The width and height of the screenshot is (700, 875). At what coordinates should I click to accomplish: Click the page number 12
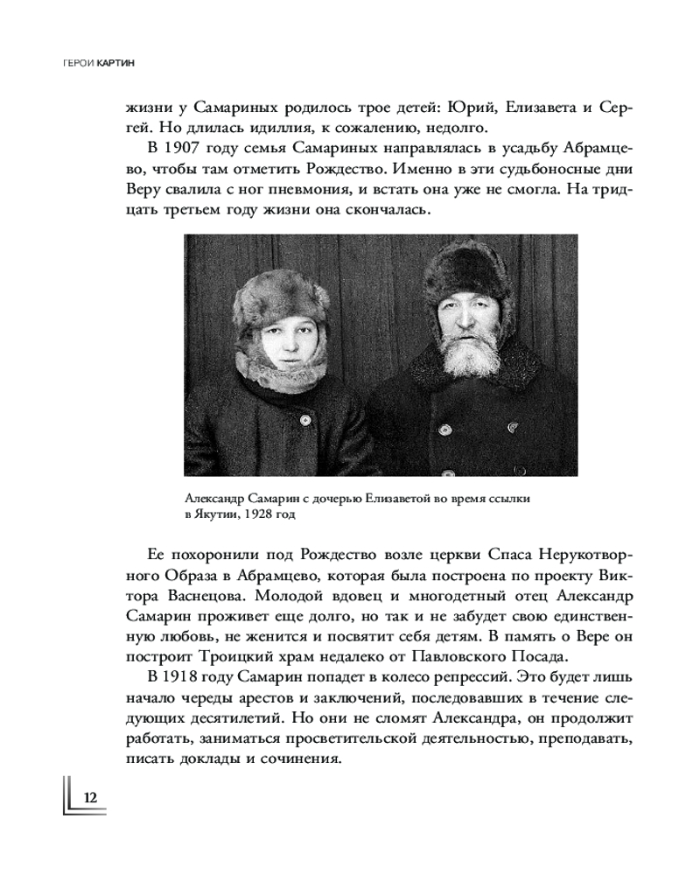[91, 798]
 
